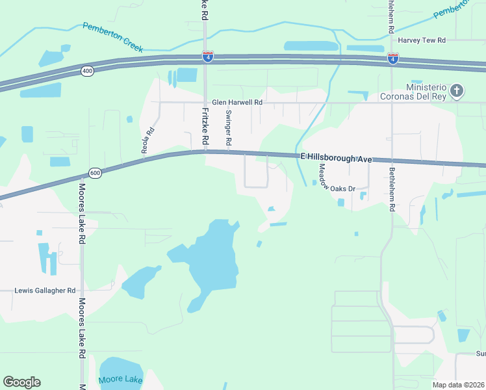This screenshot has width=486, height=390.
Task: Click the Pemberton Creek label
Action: coord(112,37)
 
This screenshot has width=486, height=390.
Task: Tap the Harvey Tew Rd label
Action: coord(422,40)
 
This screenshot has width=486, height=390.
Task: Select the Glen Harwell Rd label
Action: coord(237,102)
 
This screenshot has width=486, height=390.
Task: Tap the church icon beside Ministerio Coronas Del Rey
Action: coord(457,90)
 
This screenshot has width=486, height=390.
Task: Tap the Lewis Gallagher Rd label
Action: coord(45,291)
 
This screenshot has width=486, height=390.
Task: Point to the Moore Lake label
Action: coord(120,380)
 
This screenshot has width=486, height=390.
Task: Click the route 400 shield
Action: coord(88,71)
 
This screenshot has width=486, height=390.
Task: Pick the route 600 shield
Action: coord(95,173)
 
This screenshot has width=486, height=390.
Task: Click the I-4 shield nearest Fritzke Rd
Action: coord(207,57)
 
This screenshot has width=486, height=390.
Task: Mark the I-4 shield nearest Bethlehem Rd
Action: coord(392,58)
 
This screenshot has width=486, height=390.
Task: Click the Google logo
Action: coord(21,382)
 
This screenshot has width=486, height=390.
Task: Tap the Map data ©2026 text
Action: coord(458,385)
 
